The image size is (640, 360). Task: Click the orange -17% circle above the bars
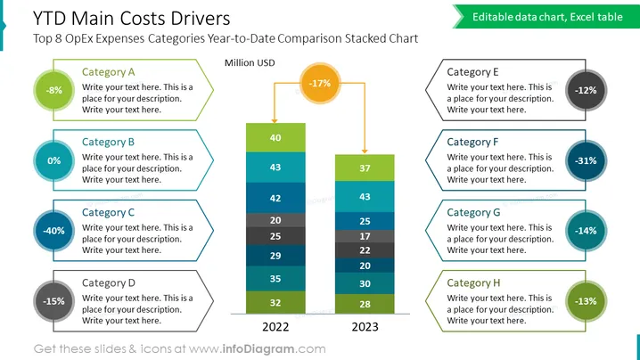pyautogui.click(x=320, y=83)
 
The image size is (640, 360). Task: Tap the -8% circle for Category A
pyautogui.click(x=53, y=90)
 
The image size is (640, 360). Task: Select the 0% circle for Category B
pyautogui.click(x=53, y=160)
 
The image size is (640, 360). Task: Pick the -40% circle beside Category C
pyautogui.click(x=53, y=231)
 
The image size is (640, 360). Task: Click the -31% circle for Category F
pyautogui.click(x=587, y=160)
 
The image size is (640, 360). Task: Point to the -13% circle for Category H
pyautogui.click(x=587, y=301)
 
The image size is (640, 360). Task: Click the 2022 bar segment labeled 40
pyautogui.click(x=275, y=137)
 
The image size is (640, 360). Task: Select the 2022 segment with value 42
pyautogui.click(x=275, y=198)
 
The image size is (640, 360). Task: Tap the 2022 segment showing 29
pyautogui.click(x=275, y=256)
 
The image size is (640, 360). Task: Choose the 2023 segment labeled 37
pyautogui.click(x=365, y=168)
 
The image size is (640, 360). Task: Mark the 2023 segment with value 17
pyautogui.click(x=365, y=236)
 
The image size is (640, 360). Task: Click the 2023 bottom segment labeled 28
pyautogui.click(x=365, y=304)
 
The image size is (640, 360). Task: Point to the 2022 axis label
pyautogui.click(x=275, y=327)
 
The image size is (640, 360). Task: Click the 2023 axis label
pyautogui.click(x=365, y=327)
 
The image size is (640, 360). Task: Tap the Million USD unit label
pyautogui.click(x=250, y=63)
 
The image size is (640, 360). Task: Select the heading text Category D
pyautogui.click(x=108, y=282)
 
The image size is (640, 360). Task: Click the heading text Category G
pyautogui.click(x=473, y=213)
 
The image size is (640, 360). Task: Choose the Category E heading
pyautogui.click(x=472, y=72)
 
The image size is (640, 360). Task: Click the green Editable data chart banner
pyautogui.click(x=546, y=17)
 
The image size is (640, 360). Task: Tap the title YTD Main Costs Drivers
pyautogui.click(x=131, y=19)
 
